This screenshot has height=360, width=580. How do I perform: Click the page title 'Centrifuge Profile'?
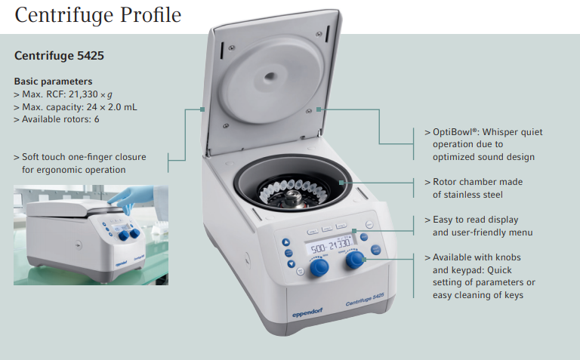[x=98, y=15]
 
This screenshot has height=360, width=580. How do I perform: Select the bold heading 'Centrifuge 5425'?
[x=59, y=56]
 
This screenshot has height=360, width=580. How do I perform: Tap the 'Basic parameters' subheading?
[x=53, y=82]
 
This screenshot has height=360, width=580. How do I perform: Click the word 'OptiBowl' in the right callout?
[x=452, y=132]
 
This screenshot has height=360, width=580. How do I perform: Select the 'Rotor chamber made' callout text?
[x=477, y=182]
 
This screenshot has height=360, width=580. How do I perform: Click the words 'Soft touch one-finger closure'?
[x=84, y=157]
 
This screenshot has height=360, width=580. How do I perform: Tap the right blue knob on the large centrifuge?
[x=354, y=260]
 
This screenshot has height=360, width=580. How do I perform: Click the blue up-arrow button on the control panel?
[x=287, y=243]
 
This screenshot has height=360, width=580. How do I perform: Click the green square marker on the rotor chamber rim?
[x=345, y=183]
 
